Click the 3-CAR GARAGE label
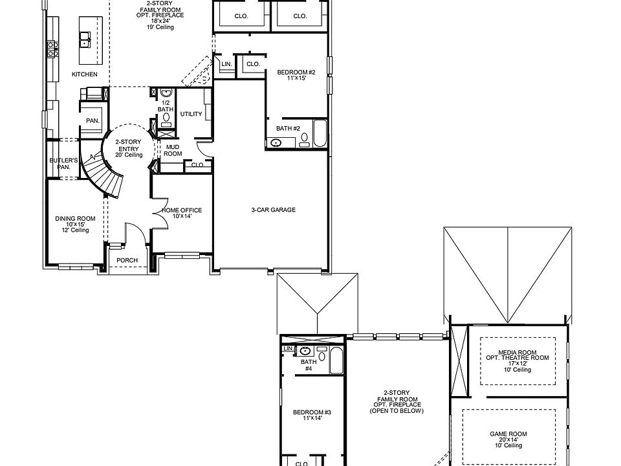(x=273, y=210)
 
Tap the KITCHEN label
(x=85, y=74)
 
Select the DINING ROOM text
(x=75, y=219)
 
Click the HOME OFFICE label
(x=182, y=210)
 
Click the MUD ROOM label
(x=173, y=150)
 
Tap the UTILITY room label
(x=191, y=114)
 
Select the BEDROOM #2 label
(x=296, y=72)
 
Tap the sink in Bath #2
(x=277, y=142)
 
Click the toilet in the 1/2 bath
(x=166, y=118)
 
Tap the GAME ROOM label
(x=508, y=434)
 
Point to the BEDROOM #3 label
(x=312, y=412)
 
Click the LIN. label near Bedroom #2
(x=226, y=64)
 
